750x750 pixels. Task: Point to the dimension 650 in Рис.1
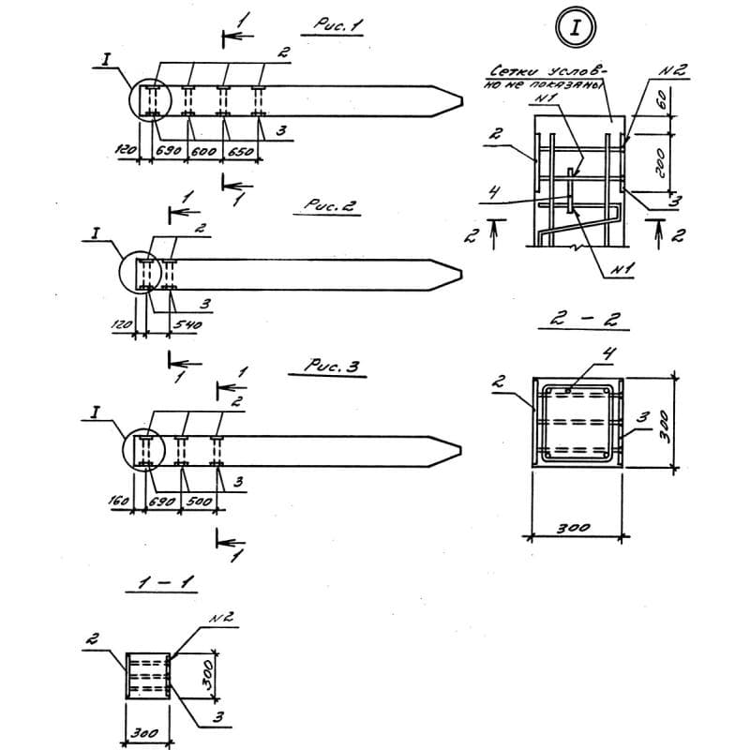[241, 151]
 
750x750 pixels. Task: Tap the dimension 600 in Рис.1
[205, 151]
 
